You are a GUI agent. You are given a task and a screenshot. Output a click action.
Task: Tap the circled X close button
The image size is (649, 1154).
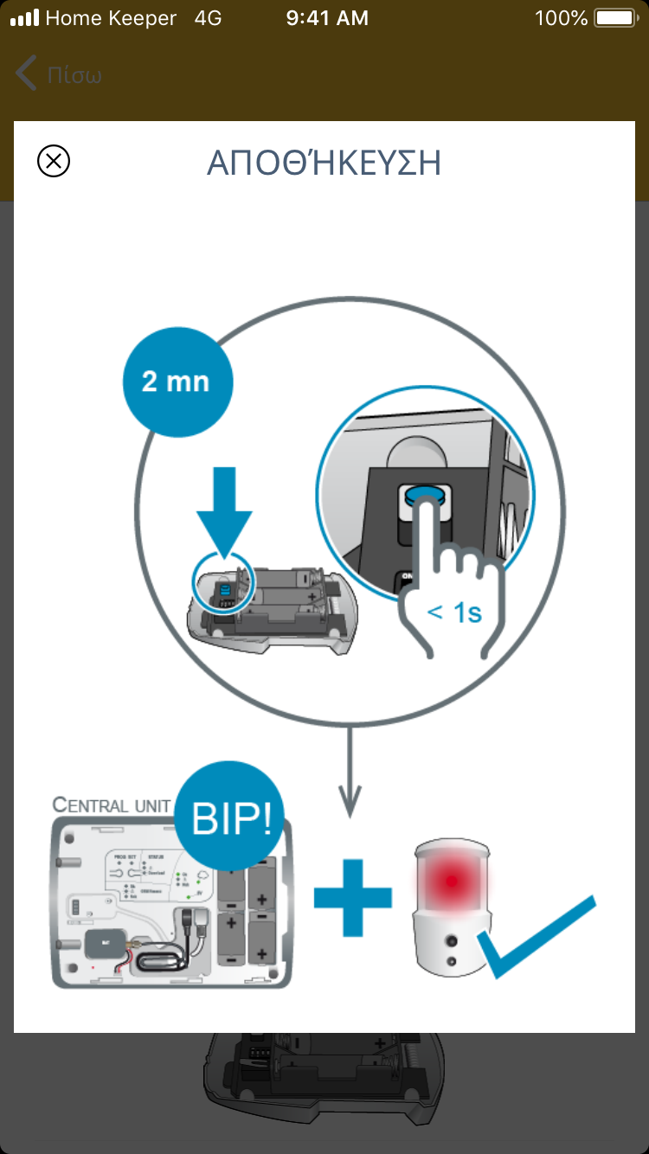54,162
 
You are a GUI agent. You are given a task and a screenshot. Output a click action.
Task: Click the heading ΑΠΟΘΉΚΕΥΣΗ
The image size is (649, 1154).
324,163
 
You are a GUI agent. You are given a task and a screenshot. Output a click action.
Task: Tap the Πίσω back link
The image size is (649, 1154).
60,74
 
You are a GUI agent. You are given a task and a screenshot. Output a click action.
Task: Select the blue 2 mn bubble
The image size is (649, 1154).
177,381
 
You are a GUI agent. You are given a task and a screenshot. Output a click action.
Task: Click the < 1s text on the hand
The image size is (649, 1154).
454,612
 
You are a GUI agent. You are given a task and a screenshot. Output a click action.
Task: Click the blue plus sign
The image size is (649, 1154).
353,896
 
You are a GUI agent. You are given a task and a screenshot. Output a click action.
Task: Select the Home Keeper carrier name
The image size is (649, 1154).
111,18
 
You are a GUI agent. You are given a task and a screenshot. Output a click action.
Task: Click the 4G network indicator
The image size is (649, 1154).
209,18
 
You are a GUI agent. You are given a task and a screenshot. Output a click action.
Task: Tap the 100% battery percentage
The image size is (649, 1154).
561,18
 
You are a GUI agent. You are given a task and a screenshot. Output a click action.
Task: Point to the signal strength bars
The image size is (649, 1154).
24,18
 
